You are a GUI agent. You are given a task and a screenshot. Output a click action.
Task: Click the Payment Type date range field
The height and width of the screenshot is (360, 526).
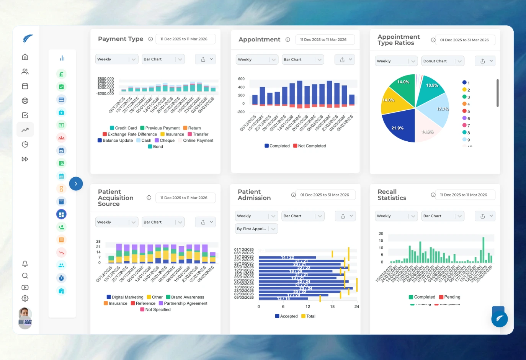[185, 39]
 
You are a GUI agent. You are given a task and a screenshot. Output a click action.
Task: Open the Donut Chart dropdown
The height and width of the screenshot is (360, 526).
[443, 61]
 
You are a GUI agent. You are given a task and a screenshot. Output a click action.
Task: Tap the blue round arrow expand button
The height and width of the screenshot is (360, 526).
[76, 184]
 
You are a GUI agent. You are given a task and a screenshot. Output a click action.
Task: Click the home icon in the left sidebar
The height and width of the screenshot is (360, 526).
[25, 57]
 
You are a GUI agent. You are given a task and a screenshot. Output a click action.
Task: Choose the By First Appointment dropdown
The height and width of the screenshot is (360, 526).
[256, 229]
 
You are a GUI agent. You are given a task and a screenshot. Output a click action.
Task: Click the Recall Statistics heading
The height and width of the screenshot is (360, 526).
[392, 195]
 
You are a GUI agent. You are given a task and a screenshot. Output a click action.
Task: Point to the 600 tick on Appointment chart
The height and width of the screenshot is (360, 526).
[241, 79]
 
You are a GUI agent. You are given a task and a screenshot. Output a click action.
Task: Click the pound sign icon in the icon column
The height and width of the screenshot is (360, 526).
[61, 74]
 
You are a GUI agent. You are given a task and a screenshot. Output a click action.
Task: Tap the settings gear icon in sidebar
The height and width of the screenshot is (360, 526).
[25, 298]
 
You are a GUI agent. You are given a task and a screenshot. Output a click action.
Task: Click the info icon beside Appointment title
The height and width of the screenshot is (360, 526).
[288, 39]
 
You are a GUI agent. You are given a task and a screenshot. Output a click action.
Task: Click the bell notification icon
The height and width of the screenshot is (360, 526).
[25, 264]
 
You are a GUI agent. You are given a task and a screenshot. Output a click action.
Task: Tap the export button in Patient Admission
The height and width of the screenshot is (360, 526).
[343, 216]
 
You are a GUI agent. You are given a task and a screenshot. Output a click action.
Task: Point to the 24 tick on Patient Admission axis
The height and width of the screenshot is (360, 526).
[356, 307]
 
